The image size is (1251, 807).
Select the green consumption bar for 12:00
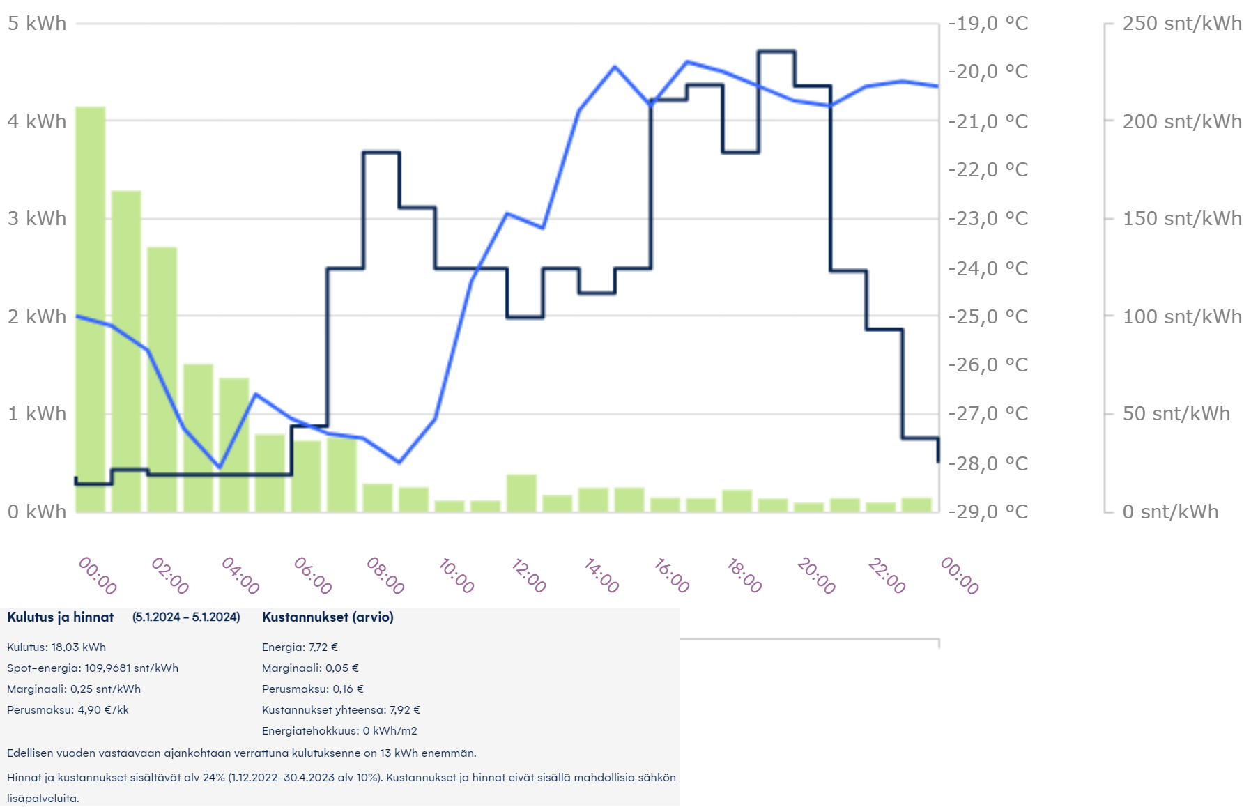521,493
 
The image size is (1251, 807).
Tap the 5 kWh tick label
37,24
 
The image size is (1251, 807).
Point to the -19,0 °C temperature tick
988,24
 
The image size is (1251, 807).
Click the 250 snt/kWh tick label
1181,24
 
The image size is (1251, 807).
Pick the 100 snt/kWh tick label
1181,316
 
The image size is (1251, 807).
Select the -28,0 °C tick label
988,463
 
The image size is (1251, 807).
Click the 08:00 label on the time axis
385,576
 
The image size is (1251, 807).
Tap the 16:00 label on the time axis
672,576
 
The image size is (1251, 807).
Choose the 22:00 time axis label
887,576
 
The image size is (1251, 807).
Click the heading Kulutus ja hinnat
61,617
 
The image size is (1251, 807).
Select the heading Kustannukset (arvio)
328,617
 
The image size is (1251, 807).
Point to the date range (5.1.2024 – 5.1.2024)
186,617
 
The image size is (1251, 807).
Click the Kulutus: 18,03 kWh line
56,647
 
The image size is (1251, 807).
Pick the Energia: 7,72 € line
300,647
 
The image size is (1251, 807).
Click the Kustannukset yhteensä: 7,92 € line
341,709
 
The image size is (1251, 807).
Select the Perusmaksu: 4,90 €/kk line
68,709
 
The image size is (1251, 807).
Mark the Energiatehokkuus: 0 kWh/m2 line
339,730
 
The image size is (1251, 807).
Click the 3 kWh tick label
37,219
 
